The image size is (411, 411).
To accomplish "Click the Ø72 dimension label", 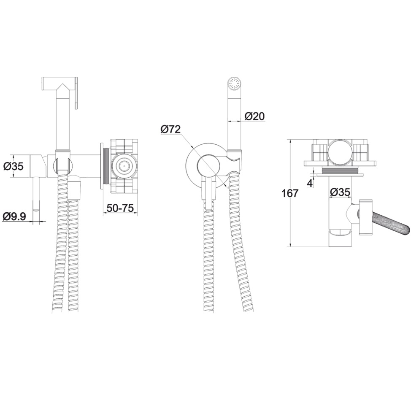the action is (x=170, y=129).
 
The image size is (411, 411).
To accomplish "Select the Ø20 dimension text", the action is (x=255, y=116).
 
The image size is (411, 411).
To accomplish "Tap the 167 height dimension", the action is (x=289, y=193).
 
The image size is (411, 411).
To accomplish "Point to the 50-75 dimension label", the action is (x=120, y=208).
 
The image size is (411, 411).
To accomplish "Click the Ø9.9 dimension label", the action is (x=15, y=216).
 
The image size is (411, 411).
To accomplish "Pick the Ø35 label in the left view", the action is (x=14, y=166).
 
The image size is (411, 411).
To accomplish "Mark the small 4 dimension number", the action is (x=310, y=184).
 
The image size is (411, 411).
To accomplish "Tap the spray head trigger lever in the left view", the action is (x=76, y=93).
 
